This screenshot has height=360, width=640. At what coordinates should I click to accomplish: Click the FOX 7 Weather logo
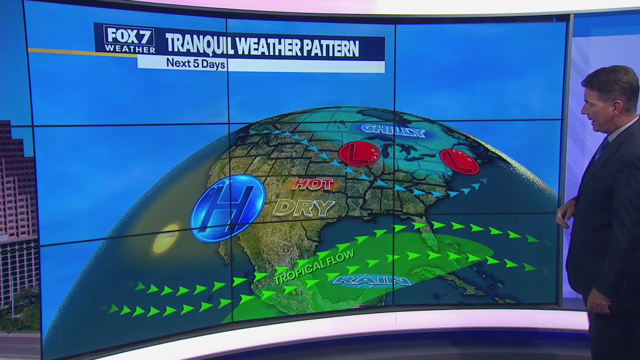(x=129, y=39)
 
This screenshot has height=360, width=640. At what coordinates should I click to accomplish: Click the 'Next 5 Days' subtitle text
(x=195, y=64)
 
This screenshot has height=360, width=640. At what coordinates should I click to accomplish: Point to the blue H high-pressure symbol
(x=228, y=208)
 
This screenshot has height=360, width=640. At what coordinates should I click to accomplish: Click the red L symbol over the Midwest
(x=359, y=153)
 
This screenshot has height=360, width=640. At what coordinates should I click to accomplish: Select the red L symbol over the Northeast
(x=459, y=161)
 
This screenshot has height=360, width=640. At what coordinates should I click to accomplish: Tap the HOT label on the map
(x=312, y=184)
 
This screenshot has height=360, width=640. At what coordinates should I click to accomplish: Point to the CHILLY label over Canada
(x=392, y=131)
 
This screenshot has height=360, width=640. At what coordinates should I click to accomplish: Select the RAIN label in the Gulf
(x=372, y=280)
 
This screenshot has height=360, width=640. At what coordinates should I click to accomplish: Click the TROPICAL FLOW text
(x=314, y=267)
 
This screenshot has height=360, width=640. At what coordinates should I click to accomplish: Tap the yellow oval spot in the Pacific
(x=165, y=238)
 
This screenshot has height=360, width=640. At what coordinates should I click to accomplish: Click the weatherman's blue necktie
(x=601, y=148)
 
